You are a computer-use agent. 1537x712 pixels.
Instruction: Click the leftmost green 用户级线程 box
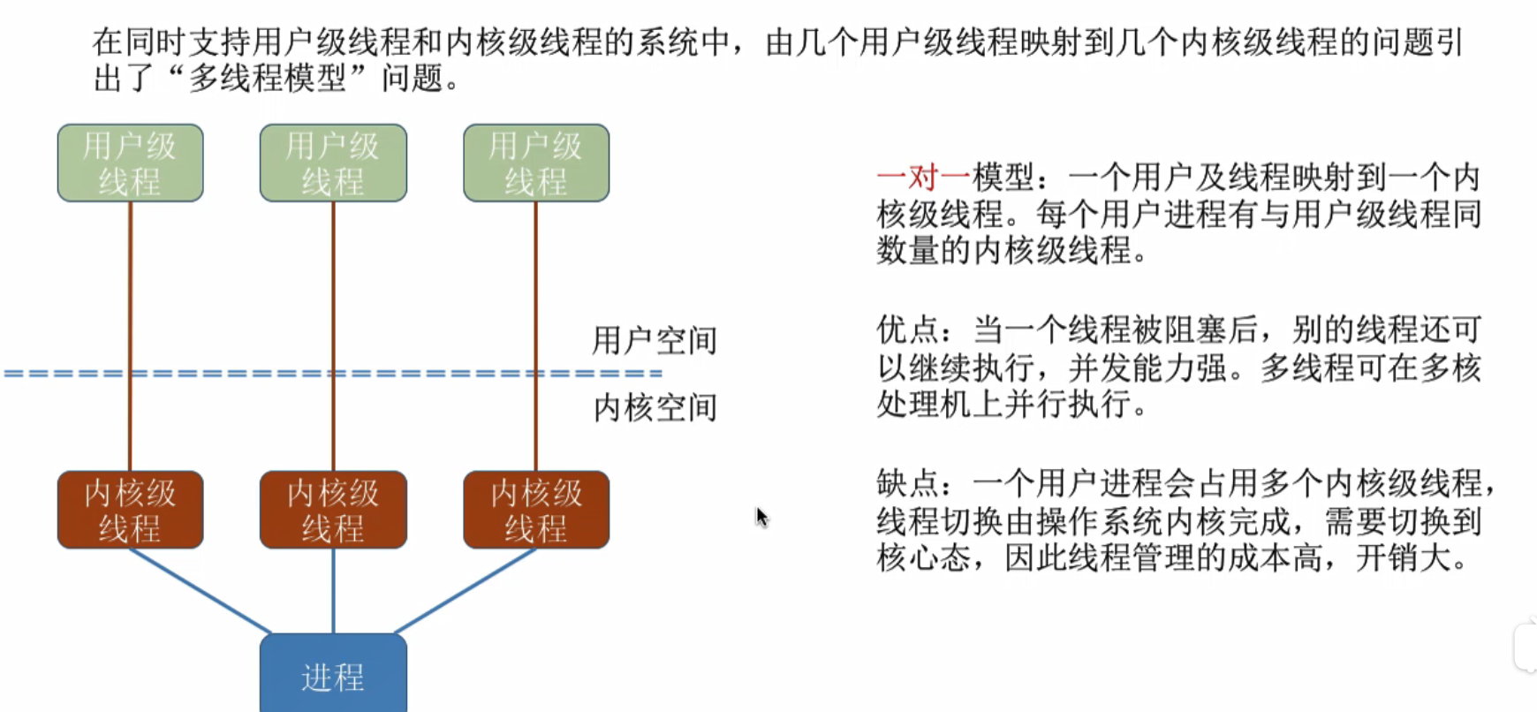point(131,163)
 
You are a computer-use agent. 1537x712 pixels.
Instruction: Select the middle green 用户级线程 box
point(333,163)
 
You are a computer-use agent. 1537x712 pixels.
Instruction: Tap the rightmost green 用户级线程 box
point(536,163)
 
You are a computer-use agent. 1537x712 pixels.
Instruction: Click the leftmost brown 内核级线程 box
point(131,510)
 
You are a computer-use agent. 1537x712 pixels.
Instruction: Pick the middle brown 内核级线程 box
point(333,510)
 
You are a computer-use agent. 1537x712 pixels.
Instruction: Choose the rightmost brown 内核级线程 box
point(536,510)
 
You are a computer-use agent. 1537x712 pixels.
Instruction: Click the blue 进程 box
point(333,675)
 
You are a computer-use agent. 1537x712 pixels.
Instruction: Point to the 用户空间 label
point(654,340)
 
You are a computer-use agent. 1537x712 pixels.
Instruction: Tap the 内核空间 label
point(654,407)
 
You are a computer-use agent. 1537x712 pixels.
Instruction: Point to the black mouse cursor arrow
point(761,517)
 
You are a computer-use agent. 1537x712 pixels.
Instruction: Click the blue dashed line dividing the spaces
point(230,374)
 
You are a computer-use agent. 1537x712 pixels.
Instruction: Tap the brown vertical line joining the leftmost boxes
point(131,292)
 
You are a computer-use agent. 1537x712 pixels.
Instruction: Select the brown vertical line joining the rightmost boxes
point(535,292)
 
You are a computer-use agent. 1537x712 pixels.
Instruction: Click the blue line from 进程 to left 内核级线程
point(199,591)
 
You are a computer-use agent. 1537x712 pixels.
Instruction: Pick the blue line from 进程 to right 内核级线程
point(466,591)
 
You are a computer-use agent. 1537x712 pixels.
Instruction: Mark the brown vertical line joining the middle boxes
point(333,292)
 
